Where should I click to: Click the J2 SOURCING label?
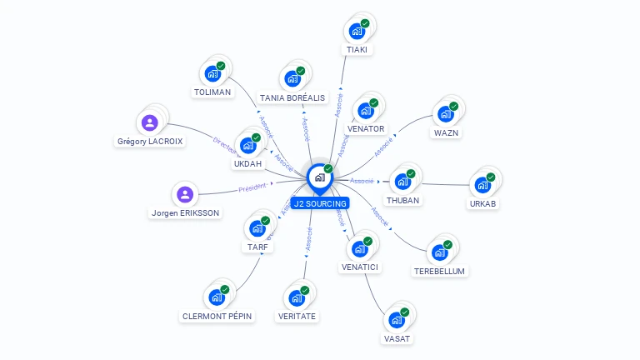pos(320,203)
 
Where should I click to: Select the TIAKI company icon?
pos(357,32)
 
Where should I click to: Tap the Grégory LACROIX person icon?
pos(150,123)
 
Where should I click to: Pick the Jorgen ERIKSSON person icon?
pos(185,195)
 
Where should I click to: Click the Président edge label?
pos(253,187)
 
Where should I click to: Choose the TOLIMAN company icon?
pos(212,74)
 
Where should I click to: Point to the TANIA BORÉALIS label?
pos(292,97)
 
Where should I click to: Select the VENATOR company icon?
pos(366,111)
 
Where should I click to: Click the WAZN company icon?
pos(446,114)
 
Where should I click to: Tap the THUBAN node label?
pos(403,200)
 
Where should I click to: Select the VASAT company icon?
pos(397,320)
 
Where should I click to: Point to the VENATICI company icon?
pos(360,248)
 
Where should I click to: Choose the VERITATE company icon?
pos(297,298)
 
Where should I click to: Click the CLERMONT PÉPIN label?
pos(217,316)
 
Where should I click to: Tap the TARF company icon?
pos(257,228)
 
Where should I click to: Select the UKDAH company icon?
pos(247,146)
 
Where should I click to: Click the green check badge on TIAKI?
pos(365,24)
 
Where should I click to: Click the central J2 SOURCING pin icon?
pos(320,177)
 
